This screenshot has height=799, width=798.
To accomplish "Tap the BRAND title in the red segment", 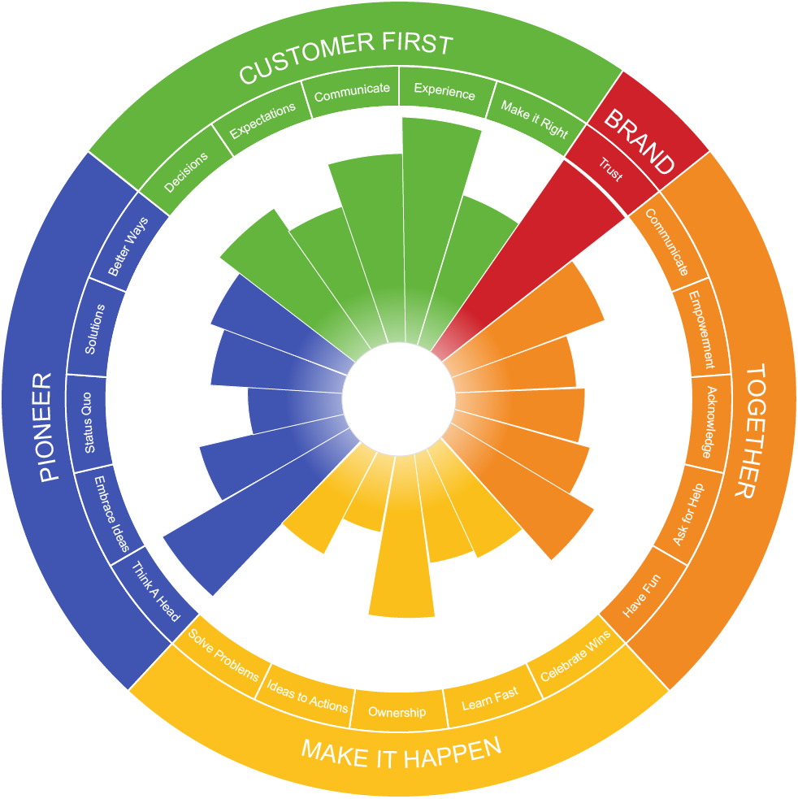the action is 640,141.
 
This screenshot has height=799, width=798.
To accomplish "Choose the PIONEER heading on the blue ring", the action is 46,427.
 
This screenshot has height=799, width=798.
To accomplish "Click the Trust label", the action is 610,169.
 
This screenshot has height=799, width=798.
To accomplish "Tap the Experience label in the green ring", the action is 445,92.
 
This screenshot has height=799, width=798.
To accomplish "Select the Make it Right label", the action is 534,119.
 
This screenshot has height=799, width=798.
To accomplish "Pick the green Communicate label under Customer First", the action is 352,92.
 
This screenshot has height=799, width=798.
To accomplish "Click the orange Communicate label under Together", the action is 666,241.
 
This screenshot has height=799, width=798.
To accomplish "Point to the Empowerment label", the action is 701,330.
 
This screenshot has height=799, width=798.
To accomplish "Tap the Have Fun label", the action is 641,596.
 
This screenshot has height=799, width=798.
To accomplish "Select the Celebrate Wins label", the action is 575,656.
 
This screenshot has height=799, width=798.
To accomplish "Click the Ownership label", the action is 397,712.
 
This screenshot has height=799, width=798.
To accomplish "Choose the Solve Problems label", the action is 223,654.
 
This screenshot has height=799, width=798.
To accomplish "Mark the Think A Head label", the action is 156,592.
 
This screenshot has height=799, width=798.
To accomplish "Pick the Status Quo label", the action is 88,423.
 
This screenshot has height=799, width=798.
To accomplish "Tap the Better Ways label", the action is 128,246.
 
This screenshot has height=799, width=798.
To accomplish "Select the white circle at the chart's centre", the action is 398,398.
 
